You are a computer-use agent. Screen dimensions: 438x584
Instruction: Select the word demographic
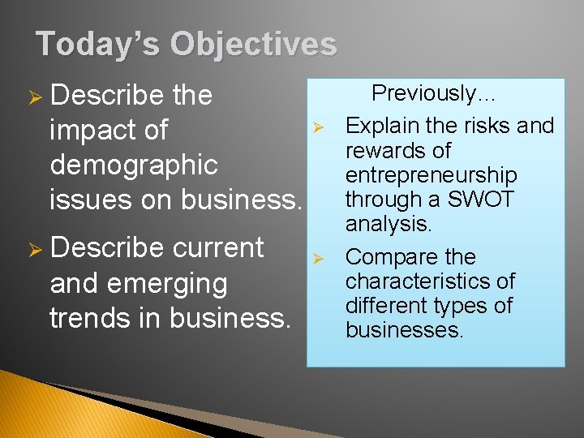[x=134, y=165]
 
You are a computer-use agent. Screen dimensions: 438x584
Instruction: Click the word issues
[x=86, y=199]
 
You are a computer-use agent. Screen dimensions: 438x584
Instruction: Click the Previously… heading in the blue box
[x=434, y=93]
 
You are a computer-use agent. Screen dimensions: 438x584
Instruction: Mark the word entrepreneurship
[x=431, y=175]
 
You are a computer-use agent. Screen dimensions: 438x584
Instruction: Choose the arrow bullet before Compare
[x=320, y=259]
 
